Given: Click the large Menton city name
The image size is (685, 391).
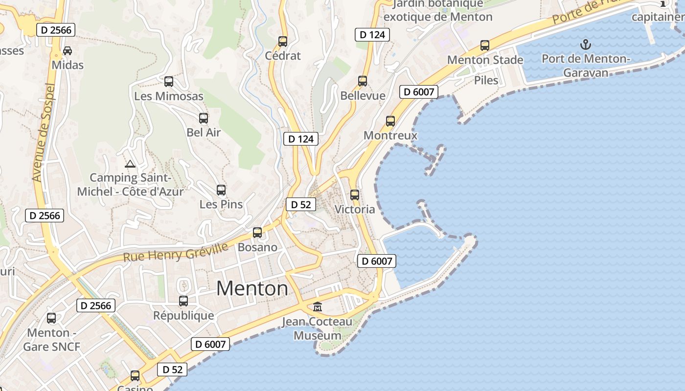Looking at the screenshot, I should point(252,288).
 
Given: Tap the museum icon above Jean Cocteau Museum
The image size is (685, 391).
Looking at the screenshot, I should point(318,307).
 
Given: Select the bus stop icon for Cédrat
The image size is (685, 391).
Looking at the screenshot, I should point(283,42).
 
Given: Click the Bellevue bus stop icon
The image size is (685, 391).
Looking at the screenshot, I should point(363,81).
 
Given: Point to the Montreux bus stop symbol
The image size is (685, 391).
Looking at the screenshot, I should point(390,121).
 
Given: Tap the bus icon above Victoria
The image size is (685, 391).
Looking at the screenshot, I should point(355,195).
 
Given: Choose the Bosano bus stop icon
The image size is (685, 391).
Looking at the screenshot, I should point(257,233).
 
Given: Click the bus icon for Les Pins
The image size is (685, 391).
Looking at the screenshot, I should point(221,190).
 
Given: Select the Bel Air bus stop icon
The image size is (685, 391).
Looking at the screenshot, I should point(204,118).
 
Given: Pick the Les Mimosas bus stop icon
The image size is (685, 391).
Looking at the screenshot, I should point(169,82).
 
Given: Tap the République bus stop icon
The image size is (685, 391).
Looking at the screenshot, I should point(183,301).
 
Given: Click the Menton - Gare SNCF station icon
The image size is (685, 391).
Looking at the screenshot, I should point(51,318).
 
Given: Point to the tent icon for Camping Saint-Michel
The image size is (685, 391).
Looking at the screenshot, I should point(130,164).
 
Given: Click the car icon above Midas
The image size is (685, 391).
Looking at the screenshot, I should point(68,51).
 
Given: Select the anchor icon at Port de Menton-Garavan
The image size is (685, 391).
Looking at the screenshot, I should point(585,45).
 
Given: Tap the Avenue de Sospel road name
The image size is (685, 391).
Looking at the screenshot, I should point(44,132).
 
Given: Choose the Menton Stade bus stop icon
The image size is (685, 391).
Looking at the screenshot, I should point(485,45).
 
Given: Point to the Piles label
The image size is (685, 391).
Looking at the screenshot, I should point(486,80).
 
